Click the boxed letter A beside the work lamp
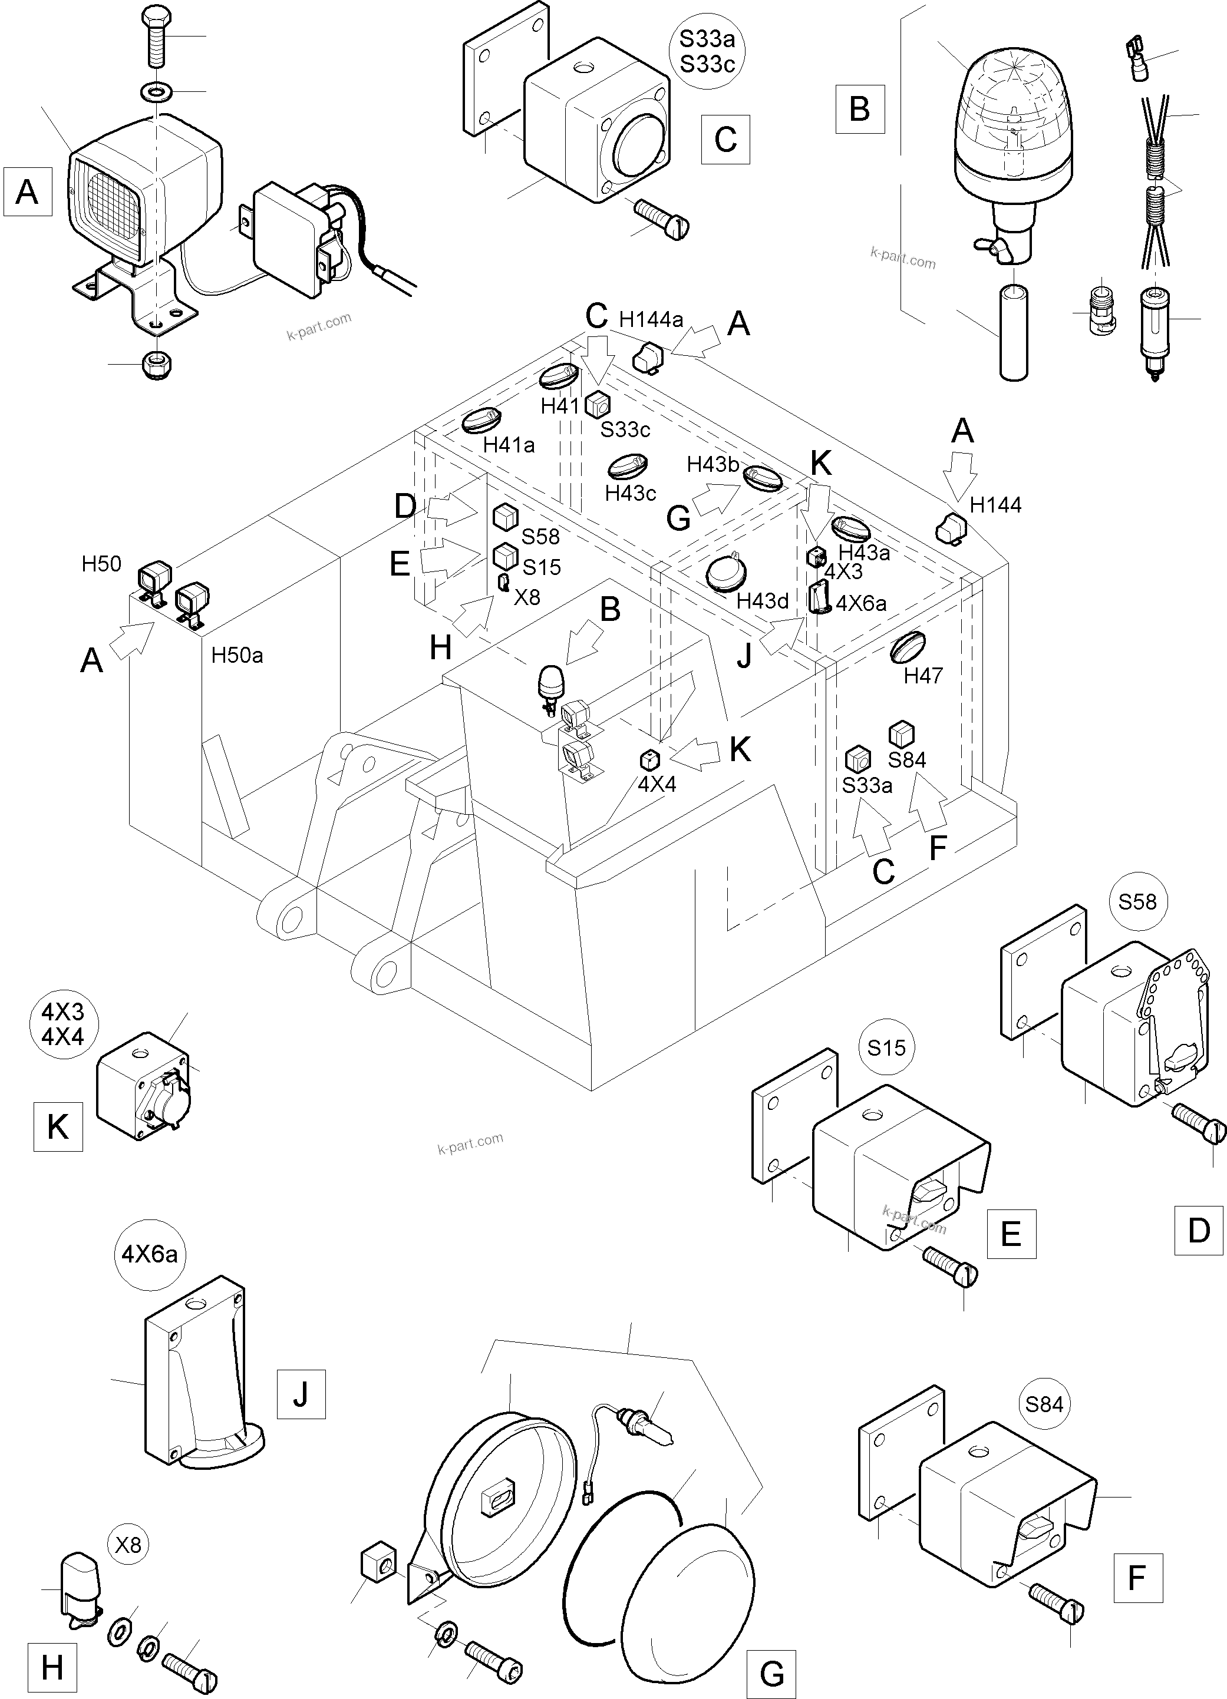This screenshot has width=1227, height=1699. pos(27,192)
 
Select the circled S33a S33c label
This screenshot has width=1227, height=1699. pos(707,52)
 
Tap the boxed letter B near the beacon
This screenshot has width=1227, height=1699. pos(860,108)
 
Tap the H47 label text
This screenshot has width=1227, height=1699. pos(923,675)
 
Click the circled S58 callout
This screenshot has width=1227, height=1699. pos(1137,901)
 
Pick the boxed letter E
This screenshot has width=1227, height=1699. pos(1011,1233)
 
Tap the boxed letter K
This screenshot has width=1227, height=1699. pos(58,1126)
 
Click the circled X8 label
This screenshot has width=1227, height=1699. pos(128,1545)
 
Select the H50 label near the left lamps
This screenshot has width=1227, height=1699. pos(101,564)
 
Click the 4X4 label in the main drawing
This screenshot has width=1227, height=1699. pos(657,784)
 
